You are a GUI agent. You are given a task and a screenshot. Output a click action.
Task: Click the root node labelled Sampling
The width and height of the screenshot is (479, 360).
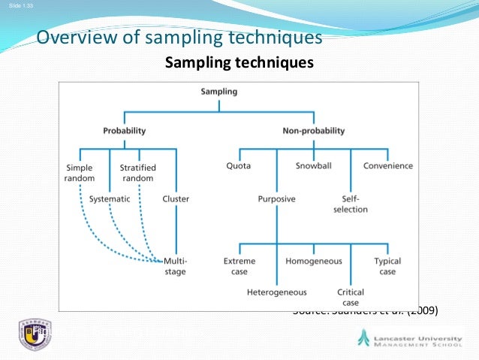pyautogui.click(x=219, y=92)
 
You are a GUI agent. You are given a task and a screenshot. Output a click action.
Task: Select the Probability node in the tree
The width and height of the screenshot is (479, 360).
pyautogui.click(x=124, y=131)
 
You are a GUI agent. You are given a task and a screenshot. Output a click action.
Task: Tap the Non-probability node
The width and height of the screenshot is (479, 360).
pyautogui.click(x=313, y=131)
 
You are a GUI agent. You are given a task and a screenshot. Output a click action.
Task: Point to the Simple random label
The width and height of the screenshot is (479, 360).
pyautogui.click(x=79, y=172)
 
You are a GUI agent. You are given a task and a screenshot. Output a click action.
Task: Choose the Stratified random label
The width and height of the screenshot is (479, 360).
pyautogui.click(x=137, y=172)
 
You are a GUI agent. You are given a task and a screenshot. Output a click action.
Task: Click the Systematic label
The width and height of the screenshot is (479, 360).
pyautogui.click(x=110, y=199)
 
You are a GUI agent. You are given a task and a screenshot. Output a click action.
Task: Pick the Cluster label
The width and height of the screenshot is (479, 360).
pyautogui.click(x=176, y=199)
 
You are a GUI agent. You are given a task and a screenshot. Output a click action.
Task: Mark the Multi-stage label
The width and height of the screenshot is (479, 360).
pyautogui.click(x=175, y=266)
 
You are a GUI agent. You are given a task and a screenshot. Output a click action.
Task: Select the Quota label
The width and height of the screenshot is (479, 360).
pyautogui.click(x=238, y=166)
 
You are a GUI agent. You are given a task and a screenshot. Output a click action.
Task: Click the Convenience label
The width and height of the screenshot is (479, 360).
pyautogui.click(x=388, y=166)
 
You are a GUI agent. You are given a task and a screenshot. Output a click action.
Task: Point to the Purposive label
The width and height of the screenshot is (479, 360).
pyautogui.click(x=276, y=199)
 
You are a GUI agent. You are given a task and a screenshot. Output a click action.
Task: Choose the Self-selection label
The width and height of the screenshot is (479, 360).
pyautogui.click(x=350, y=204)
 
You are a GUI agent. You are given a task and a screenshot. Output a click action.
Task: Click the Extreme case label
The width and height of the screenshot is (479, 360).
pyautogui.click(x=239, y=266)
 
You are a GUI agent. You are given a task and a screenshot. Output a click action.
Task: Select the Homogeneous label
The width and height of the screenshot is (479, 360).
pyautogui.click(x=314, y=262)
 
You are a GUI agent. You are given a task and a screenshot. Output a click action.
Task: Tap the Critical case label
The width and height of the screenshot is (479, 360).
pyautogui.click(x=351, y=296)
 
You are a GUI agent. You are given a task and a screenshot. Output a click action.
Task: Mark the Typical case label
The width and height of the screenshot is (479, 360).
pyautogui.click(x=387, y=266)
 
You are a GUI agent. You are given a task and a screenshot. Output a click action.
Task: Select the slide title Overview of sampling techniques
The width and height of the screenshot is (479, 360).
pyautogui.click(x=179, y=38)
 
